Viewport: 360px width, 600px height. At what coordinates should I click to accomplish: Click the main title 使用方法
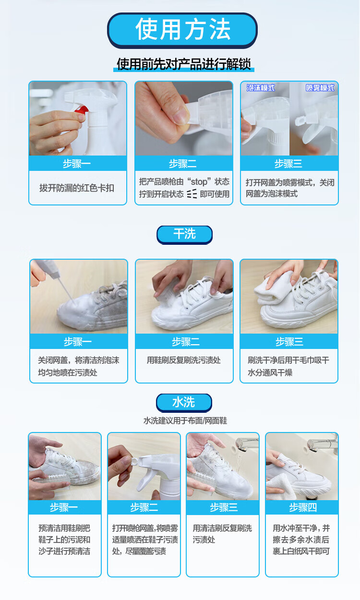tap(183, 29)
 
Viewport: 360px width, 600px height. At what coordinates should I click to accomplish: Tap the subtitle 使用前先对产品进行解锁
tap(184, 64)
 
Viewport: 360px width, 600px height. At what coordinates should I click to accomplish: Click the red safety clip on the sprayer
tap(82, 110)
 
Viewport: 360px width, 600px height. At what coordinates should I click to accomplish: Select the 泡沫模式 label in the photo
tap(261, 87)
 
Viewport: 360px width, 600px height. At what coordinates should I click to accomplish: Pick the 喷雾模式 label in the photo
tap(320, 87)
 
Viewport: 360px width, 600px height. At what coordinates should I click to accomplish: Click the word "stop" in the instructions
tap(199, 182)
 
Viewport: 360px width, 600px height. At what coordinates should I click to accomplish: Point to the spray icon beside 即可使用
tap(192, 193)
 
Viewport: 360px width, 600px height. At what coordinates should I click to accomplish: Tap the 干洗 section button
tap(184, 234)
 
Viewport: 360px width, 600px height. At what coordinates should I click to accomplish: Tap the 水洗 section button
tap(184, 402)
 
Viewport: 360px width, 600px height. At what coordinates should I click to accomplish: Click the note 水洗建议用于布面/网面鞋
tap(185, 421)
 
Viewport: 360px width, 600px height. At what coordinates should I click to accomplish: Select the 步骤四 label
tap(303, 507)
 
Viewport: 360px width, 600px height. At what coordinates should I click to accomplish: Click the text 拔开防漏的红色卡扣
tap(77, 188)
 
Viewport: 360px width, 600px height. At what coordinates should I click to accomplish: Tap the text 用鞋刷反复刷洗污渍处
tap(184, 360)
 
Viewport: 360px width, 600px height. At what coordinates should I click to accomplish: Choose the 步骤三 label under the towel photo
tap(289, 342)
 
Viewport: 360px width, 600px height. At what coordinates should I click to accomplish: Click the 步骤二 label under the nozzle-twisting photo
tap(183, 164)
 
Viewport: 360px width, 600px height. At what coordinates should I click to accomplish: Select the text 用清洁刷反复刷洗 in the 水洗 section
tap(222, 528)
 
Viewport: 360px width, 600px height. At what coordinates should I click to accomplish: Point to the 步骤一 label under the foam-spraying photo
tap(78, 342)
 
